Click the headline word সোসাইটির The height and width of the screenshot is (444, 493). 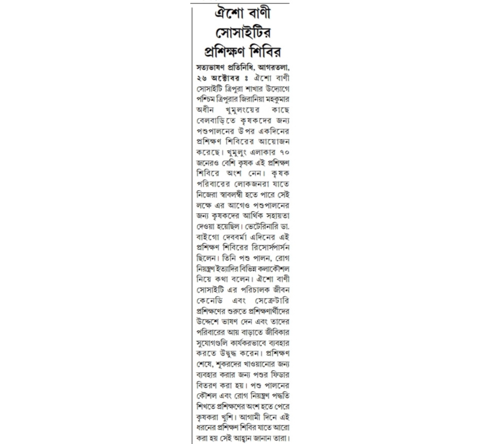pyautogui.click(x=243, y=32)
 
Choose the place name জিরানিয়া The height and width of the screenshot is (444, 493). pyautogui.click(x=249, y=99)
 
